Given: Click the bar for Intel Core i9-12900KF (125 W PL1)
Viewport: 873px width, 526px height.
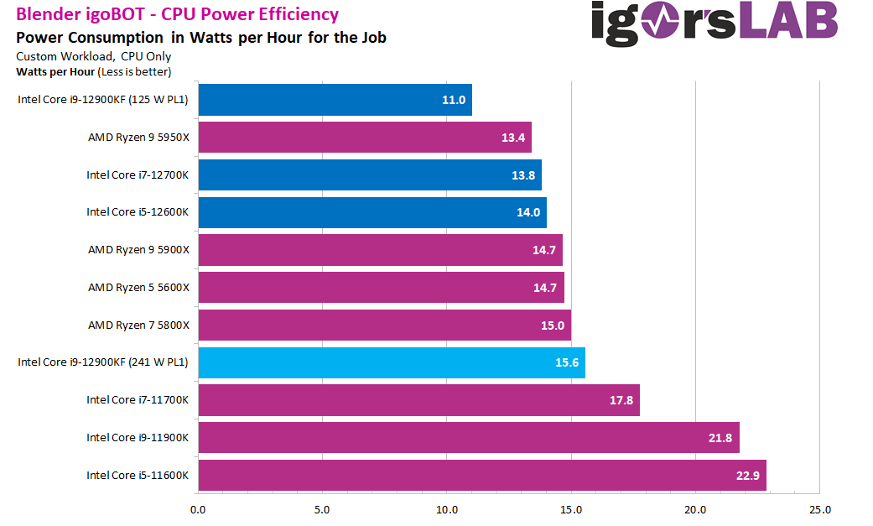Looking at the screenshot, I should tap(335, 100).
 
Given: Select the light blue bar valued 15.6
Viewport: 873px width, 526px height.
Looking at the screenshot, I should tap(391, 362).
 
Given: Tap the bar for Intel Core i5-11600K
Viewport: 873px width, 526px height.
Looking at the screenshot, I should tap(481, 475).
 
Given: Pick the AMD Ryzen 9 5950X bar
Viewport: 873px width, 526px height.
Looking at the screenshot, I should tap(364, 138).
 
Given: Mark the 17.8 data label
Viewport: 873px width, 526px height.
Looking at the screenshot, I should tap(621, 400).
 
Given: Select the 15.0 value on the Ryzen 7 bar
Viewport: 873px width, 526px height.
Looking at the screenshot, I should tap(553, 325).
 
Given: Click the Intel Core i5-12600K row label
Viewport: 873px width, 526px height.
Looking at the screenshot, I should tap(138, 212).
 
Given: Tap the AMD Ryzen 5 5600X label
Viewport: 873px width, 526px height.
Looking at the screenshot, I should tap(138, 288).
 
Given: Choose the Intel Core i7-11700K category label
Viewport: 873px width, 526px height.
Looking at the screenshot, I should tap(138, 400).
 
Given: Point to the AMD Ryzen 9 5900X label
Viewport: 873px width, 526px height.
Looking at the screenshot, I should tap(138, 250).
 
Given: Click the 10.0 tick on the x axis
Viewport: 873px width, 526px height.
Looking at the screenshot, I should tap(447, 509).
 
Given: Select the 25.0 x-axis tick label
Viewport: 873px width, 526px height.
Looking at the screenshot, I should tap(820, 509).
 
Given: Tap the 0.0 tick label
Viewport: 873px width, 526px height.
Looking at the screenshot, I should tap(198, 509).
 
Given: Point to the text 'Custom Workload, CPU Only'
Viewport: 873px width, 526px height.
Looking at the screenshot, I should tap(94, 56).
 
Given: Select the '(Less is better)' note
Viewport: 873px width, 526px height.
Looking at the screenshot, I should tap(134, 71).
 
